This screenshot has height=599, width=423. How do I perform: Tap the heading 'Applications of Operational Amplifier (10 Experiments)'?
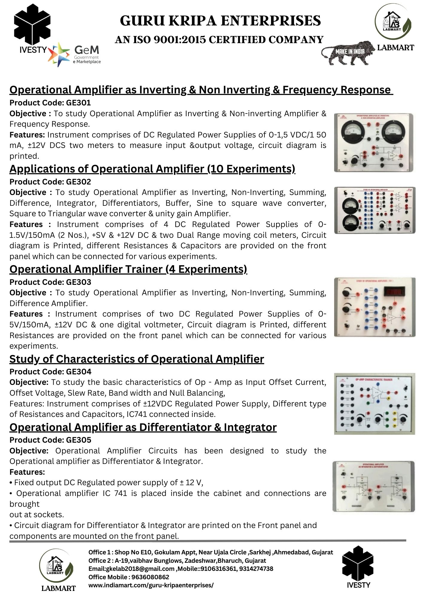[152, 169]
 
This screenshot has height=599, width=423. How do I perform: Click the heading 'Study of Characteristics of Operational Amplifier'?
[137, 359]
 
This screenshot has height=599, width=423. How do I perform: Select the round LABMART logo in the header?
[393, 22]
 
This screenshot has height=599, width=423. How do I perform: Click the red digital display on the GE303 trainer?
[395, 291]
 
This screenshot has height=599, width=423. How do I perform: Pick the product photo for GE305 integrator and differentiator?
[374, 486]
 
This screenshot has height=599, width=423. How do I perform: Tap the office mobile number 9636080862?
[150, 577]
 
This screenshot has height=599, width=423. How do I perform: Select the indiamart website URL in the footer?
[151, 585]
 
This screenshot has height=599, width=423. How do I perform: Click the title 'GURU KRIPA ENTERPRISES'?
[220, 21]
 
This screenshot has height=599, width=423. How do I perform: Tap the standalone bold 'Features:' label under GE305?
[27, 472]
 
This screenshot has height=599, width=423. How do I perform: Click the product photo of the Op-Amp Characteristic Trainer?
[375, 403]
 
